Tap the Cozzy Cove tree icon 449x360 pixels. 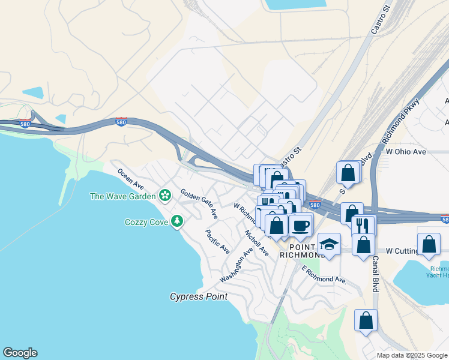pos(176,221)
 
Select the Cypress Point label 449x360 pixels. pos(198,296)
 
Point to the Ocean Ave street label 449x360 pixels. pos(130,178)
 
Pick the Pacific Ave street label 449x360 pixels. pos(217,241)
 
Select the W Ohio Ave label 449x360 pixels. pos(406,152)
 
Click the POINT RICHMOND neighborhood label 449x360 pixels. pos(303,250)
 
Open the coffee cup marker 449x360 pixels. pos(300,226)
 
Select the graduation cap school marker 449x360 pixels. pos(329,244)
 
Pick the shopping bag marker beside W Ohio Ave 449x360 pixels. pos(348,173)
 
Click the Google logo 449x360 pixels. pos(20,353)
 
